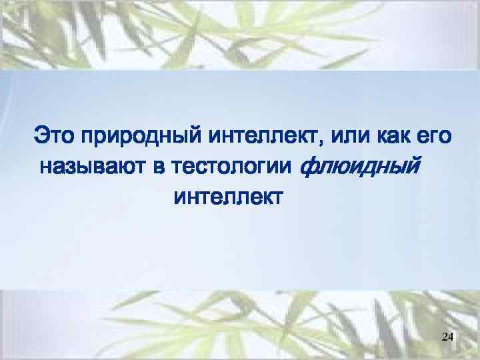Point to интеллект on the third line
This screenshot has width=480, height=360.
[228, 197]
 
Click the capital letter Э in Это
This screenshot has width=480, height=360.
[41, 136]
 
